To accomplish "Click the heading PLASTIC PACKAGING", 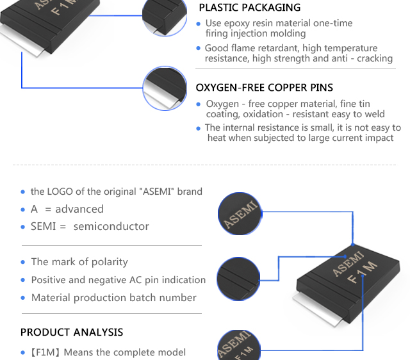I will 249,8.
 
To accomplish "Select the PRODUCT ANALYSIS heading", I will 72,332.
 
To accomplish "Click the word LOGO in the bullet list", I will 60,192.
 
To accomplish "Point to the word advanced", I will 79,209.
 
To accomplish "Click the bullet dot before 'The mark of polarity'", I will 23,263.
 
